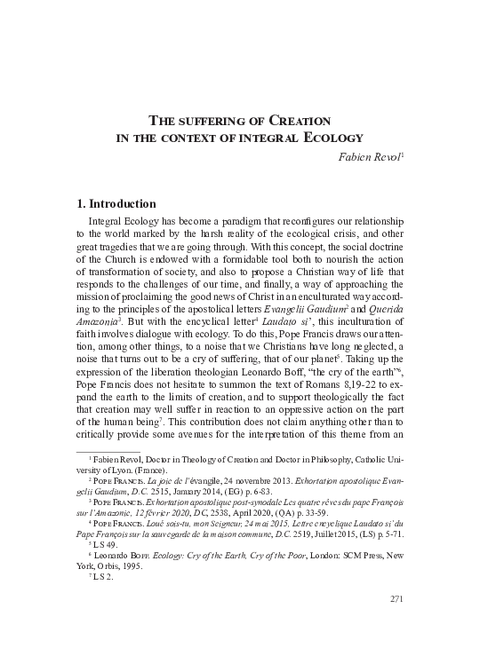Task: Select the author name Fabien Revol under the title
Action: [x=371, y=155]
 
